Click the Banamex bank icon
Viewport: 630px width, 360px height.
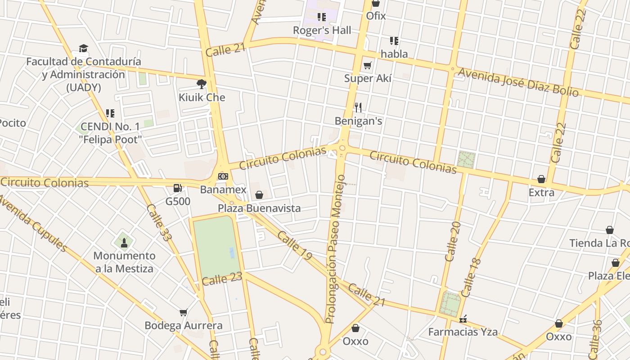[223, 176]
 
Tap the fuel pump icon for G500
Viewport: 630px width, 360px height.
[178, 188]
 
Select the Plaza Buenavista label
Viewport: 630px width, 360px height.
[259, 208]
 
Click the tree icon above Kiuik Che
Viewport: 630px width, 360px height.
[202, 84]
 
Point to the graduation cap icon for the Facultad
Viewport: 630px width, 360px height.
[83, 49]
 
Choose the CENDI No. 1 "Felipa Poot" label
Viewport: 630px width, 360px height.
[111, 133]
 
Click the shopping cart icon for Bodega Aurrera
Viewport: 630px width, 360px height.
[183, 312]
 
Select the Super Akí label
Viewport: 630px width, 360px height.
[368, 78]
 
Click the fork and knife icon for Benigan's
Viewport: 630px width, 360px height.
[358, 107]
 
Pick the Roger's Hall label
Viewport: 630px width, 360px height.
[322, 31]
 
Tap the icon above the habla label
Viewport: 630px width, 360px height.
[394, 41]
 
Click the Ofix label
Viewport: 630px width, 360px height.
[376, 16]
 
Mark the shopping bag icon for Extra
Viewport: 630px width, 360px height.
[541, 180]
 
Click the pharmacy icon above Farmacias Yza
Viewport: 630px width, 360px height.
[463, 319]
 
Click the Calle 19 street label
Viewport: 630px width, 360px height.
[294, 246]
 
